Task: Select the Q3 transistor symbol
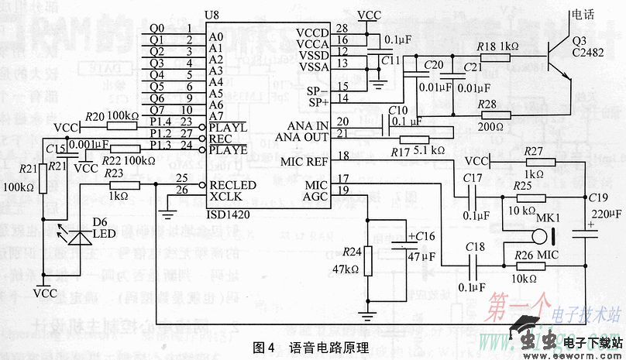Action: click(556, 57)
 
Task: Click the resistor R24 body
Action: click(368, 262)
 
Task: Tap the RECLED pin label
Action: click(232, 185)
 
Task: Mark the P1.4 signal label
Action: click(160, 122)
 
